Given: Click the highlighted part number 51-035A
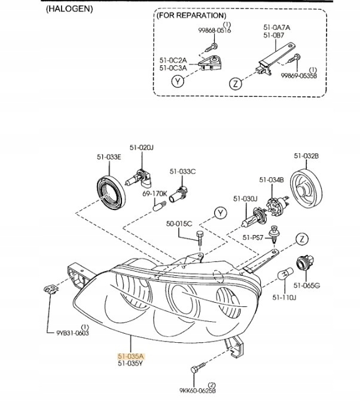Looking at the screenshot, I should [x=132, y=355].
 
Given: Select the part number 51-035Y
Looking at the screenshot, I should [x=132, y=363].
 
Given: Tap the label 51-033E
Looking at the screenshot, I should [x=109, y=157].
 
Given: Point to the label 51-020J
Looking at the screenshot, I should [x=142, y=147].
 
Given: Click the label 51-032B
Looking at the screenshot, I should [x=306, y=156].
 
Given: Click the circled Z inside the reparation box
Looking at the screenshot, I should [x=236, y=83].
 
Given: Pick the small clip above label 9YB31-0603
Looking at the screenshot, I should [x=51, y=290].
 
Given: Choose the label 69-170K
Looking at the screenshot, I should [x=154, y=194].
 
